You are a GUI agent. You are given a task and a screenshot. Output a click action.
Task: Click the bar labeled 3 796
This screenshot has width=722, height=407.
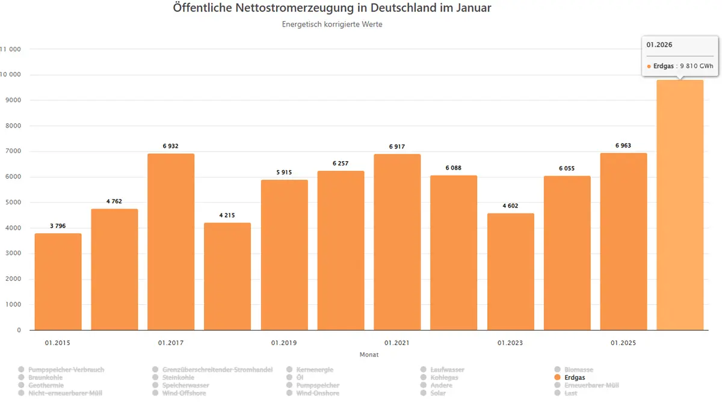[58, 281]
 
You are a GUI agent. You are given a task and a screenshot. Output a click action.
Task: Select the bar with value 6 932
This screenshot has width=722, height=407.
[171, 242]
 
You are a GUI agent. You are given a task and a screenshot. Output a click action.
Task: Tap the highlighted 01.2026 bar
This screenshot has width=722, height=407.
[680, 205]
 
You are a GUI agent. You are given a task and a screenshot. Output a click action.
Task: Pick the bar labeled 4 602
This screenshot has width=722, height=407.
[510, 272]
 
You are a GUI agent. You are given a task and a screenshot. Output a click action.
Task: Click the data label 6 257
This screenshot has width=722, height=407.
[340, 164]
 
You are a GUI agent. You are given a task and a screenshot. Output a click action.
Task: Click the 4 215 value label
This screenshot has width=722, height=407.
[227, 215]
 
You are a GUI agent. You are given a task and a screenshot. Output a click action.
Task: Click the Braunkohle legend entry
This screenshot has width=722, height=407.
[45, 378]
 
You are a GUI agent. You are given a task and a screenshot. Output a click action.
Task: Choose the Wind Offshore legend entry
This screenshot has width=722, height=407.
[184, 393]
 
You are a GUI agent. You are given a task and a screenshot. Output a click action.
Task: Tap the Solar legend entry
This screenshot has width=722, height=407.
[438, 393]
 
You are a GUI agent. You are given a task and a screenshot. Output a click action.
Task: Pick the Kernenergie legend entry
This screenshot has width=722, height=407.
[314, 370]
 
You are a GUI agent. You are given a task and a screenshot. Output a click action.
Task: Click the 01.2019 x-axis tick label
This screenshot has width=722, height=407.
[283, 343]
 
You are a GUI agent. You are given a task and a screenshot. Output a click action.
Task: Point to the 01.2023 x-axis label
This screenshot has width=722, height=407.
[510, 343]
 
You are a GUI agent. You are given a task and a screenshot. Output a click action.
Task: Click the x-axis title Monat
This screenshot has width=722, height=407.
[369, 355]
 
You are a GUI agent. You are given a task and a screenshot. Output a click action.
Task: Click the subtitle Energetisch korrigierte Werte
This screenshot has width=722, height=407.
[332, 25]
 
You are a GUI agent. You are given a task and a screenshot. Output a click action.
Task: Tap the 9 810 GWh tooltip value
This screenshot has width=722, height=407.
[696, 67]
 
